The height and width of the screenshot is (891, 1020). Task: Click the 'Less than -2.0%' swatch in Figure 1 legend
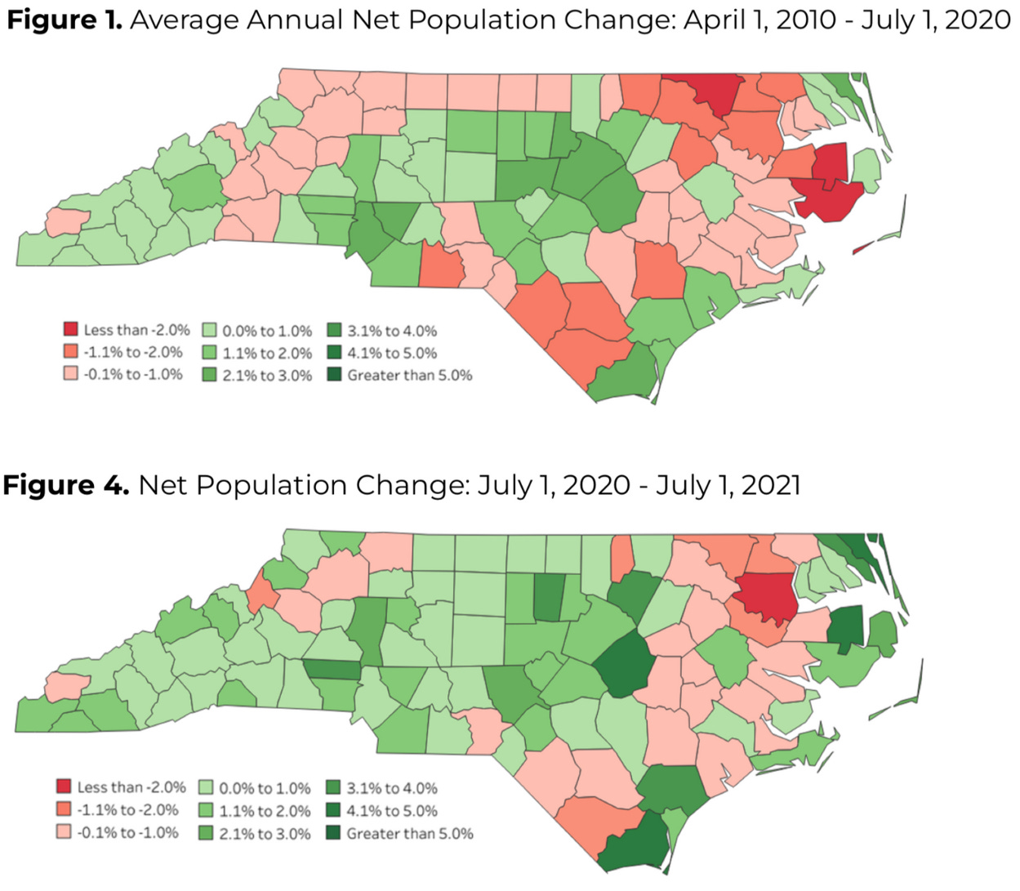(71, 330)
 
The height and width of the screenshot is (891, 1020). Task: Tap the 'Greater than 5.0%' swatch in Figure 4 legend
(333, 833)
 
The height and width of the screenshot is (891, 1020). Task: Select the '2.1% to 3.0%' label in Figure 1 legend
(267, 376)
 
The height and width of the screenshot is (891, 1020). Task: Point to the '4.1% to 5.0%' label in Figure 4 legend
(392, 811)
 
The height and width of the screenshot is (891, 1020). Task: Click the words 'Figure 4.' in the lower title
(65, 485)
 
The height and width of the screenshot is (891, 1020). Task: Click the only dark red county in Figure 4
(768, 597)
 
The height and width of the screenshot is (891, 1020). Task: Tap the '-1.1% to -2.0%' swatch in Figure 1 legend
(71, 352)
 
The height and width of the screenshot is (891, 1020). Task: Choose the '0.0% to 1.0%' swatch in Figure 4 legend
(206, 788)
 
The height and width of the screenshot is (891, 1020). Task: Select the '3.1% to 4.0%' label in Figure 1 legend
(392, 331)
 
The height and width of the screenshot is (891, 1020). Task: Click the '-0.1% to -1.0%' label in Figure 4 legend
(127, 832)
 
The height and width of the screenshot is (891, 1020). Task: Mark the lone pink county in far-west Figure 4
(66, 684)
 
